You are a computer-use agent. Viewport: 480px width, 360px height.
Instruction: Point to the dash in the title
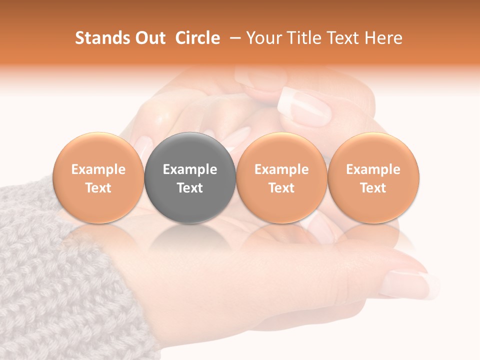[x=233, y=38]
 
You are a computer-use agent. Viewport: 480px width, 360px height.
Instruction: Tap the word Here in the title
[x=382, y=38]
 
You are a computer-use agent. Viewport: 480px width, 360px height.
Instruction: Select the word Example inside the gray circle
[x=190, y=169]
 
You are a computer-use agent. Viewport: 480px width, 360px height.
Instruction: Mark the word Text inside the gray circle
[x=190, y=188]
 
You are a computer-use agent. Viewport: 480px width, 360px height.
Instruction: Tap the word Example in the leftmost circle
[x=98, y=169]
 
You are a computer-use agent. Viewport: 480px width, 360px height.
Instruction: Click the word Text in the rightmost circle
[x=373, y=188]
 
